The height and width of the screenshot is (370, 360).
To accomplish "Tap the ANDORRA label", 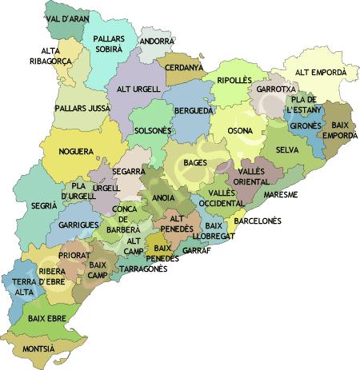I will point(156,42).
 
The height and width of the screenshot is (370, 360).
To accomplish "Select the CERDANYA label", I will point(184,69).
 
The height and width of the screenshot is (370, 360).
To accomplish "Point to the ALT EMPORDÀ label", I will point(321,72).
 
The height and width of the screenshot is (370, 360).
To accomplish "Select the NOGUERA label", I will point(76,150).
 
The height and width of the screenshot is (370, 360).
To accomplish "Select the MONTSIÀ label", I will point(39,349).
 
